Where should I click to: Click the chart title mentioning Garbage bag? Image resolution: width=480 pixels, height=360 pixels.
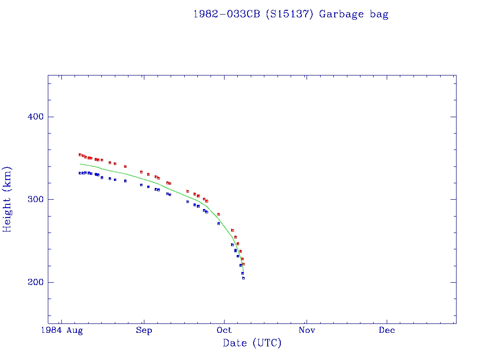291,14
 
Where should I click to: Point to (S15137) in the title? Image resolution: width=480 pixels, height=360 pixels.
290,14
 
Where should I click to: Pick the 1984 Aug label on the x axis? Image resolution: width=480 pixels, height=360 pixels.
61,330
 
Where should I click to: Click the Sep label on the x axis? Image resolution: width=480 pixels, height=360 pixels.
144,330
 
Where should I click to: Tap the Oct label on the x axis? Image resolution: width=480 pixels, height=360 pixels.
225,330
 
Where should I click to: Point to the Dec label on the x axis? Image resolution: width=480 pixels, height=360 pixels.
387,330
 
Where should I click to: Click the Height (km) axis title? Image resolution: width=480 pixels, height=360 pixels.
7,199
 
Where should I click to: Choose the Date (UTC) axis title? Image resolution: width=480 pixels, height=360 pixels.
252,344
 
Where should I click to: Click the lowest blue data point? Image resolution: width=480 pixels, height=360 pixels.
243,278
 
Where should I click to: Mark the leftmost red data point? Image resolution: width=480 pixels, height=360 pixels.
80,154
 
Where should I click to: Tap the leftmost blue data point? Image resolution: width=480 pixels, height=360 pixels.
80,173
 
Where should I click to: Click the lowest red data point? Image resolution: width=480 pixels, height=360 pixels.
243,264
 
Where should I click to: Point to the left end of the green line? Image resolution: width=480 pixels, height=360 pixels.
80,164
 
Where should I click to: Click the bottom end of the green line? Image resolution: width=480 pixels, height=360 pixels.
243,270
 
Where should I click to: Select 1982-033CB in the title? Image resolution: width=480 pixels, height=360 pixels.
226,14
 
